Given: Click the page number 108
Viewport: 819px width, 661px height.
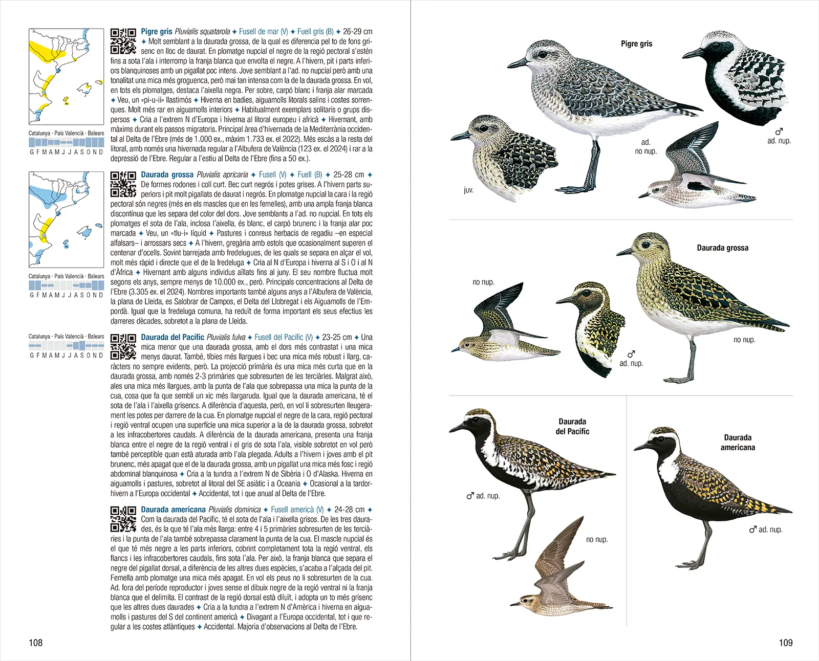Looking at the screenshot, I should pyautogui.click(x=35, y=643).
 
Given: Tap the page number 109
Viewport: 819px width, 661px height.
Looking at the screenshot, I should pyautogui.click(x=785, y=643).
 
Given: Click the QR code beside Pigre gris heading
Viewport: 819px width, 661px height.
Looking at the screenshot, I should pyautogui.click(x=123, y=41).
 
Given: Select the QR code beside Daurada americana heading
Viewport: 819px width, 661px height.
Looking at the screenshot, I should pyautogui.click(x=123, y=519).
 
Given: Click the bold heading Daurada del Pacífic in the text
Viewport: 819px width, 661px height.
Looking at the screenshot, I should pyautogui.click(x=173, y=337).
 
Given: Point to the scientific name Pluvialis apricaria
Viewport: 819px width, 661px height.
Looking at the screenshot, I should pyautogui.click(x=222, y=174).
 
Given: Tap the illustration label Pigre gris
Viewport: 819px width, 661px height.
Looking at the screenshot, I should pyautogui.click(x=636, y=43).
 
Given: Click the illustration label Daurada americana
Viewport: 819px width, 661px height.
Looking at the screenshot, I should pyautogui.click(x=738, y=442).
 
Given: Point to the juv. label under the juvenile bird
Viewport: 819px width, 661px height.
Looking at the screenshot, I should pyautogui.click(x=468, y=190).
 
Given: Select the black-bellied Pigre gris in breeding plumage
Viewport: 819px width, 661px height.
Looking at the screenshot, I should pyautogui.click(x=737, y=77).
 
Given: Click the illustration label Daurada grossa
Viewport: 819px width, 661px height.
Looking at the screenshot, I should pyautogui.click(x=722, y=248).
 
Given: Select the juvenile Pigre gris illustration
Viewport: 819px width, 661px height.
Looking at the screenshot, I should pyautogui.click(x=504, y=156).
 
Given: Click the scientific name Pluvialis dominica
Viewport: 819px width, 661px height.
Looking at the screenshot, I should pyautogui.click(x=234, y=510).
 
